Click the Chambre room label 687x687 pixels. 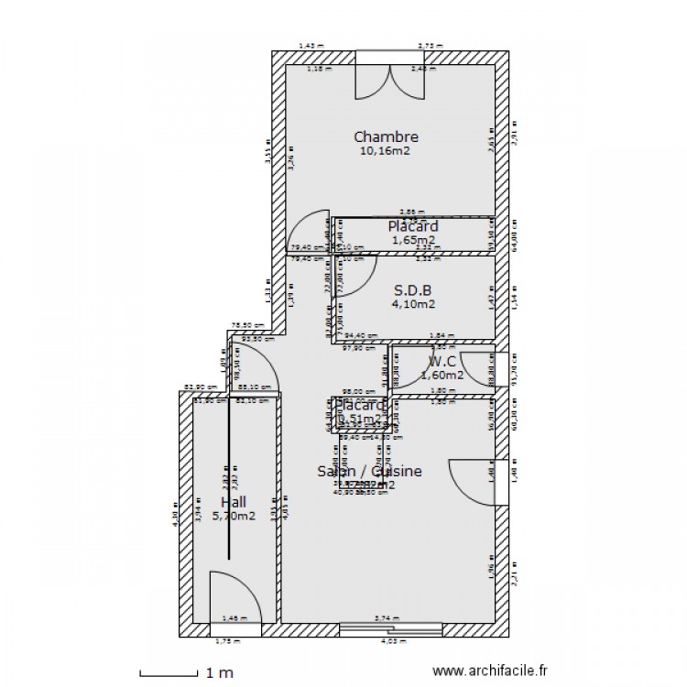pyautogui.click(x=386, y=136)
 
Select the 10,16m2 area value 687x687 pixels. pyautogui.click(x=386, y=151)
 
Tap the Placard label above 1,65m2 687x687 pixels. pyautogui.click(x=412, y=225)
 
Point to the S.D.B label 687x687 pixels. pyautogui.click(x=413, y=289)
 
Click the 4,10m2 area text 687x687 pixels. pyautogui.click(x=413, y=304)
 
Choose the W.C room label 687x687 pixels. pyautogui.click(x=442, y=360)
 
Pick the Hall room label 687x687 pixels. pyautogui.click(x=234, y=502)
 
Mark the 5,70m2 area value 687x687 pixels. pyautogui.click(x=234, y=516)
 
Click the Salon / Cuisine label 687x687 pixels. pyautogui.click(x=369, y=471)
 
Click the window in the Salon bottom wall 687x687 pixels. pyautogui.click(x=391, y=629)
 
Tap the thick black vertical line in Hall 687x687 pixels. pyautogui.click(x=228, y=476)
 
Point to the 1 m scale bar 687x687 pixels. pyautogui.click(x=169, y=673)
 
